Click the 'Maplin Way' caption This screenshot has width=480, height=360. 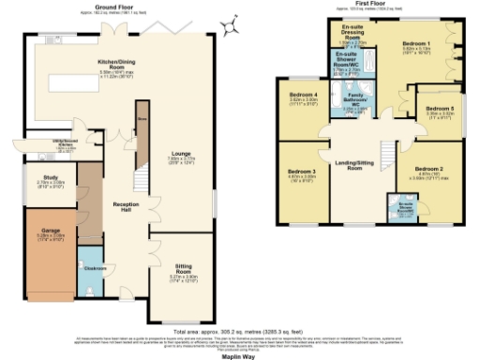(240, 356)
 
